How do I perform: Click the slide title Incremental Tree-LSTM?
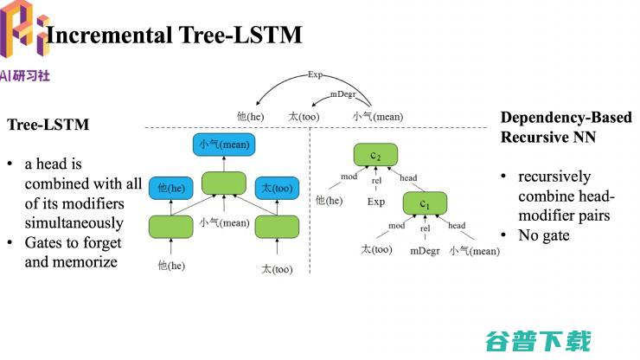pyautogui.click(x=173, y=35)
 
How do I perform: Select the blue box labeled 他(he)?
pyautogui.click(x=170, y=187)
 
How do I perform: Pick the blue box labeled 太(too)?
pyautogui.click(x=277, y=187)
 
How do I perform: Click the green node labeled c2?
pyautogui.click(x=375, y=155)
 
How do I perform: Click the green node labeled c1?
pyautogui.click(x=425, y=203)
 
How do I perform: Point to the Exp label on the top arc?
pyautogui.click(x=316, y=75)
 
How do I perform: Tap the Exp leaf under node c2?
pyautogui.click(x=376, y=202)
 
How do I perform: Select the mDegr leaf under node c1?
pyautogui.click(x=425, y=251)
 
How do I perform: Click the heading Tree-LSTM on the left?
pyautogui.click(x=48, y=125)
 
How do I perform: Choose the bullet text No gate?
pyautogui.click(x=544, y=235)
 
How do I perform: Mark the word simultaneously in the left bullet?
pyautogui.click(x=74, y=222)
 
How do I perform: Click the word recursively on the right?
pyautogui.click(x=554, y=177)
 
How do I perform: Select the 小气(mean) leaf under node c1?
pyautogui.click(x=474, y=251)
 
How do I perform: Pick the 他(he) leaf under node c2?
pyautogui.click(x=330, y=201)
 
